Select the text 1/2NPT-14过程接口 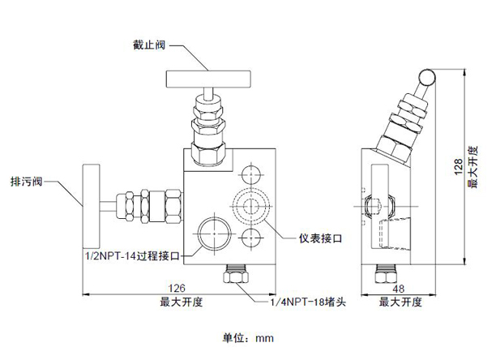point(135,255)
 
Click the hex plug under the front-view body point(235,276)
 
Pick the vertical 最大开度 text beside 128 point(472,168)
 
